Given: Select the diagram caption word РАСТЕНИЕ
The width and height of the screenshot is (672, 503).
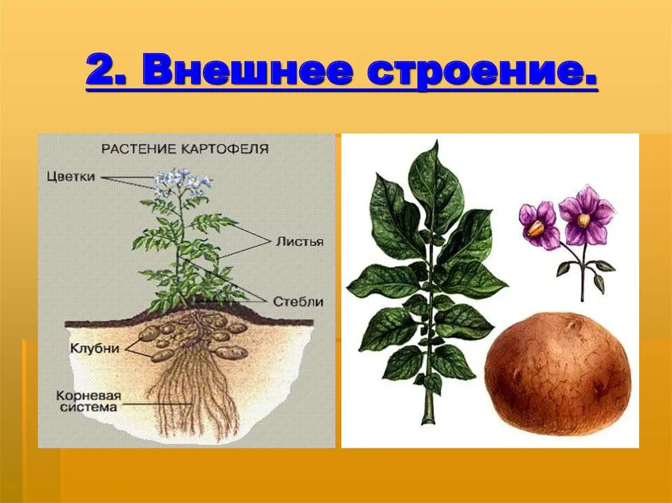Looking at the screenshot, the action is click(x=139, y=149).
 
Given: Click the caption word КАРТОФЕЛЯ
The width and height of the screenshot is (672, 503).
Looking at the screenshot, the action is click(x=224, y=149).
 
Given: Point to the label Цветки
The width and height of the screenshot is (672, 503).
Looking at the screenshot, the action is click(x=71, y=177).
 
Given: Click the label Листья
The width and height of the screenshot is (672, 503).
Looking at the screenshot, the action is click(x=299, y=241).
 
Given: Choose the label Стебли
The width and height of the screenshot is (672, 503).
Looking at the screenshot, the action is click(x=299, y=301).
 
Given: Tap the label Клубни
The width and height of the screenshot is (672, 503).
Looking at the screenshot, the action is click(x=94, y=348).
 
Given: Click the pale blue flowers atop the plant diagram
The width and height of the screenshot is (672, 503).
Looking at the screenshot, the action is click(x=182, y=182).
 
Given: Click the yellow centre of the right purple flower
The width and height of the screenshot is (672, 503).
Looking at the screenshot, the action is click(x=583, y=220).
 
